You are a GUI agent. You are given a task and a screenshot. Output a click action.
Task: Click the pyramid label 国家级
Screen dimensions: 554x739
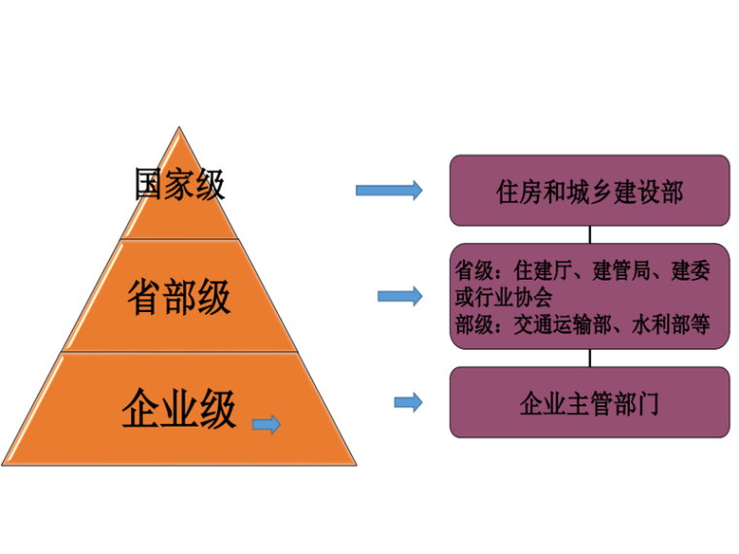coord(180,184)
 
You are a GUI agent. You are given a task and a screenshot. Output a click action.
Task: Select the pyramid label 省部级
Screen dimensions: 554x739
coord(179,296)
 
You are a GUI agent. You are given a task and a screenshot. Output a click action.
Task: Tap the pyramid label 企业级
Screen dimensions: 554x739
coord(179,409)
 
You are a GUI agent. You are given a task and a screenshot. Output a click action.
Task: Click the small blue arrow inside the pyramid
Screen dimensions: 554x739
coord(265,424)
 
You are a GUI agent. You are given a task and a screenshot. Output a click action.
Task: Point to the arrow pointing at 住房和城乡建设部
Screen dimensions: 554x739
coord(389,190)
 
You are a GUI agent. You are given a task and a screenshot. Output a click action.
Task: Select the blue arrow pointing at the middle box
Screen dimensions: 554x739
coord(400,295)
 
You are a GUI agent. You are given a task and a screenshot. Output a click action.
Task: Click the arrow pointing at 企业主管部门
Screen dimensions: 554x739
coord(408,401)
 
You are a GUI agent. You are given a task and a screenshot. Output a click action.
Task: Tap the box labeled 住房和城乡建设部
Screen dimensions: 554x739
coord(589,190)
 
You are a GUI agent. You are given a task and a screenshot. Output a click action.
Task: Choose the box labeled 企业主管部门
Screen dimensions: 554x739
coord(589,401)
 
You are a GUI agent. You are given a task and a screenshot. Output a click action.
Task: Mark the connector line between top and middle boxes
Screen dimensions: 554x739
coord(589,234)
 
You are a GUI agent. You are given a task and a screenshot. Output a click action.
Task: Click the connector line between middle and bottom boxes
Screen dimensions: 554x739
coord(589,358)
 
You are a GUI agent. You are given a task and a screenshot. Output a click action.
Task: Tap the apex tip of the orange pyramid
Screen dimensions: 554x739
coord(178,129)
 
